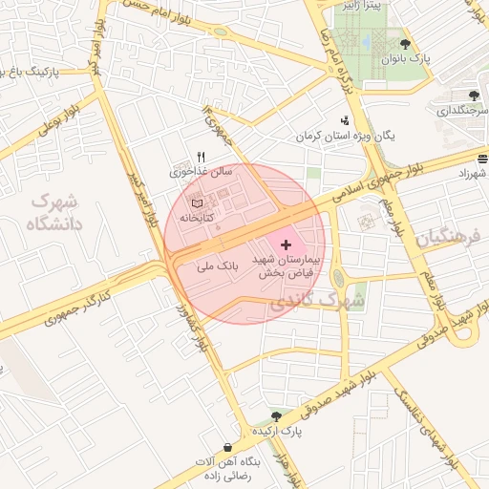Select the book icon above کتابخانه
pos(197,203)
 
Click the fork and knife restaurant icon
pos(201,158)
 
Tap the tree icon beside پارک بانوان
pos(406,44)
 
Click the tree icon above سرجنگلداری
pos(474,95)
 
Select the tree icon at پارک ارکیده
pos(276,416)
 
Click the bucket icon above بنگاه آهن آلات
pos(227,447)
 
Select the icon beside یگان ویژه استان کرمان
pos(344,120)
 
